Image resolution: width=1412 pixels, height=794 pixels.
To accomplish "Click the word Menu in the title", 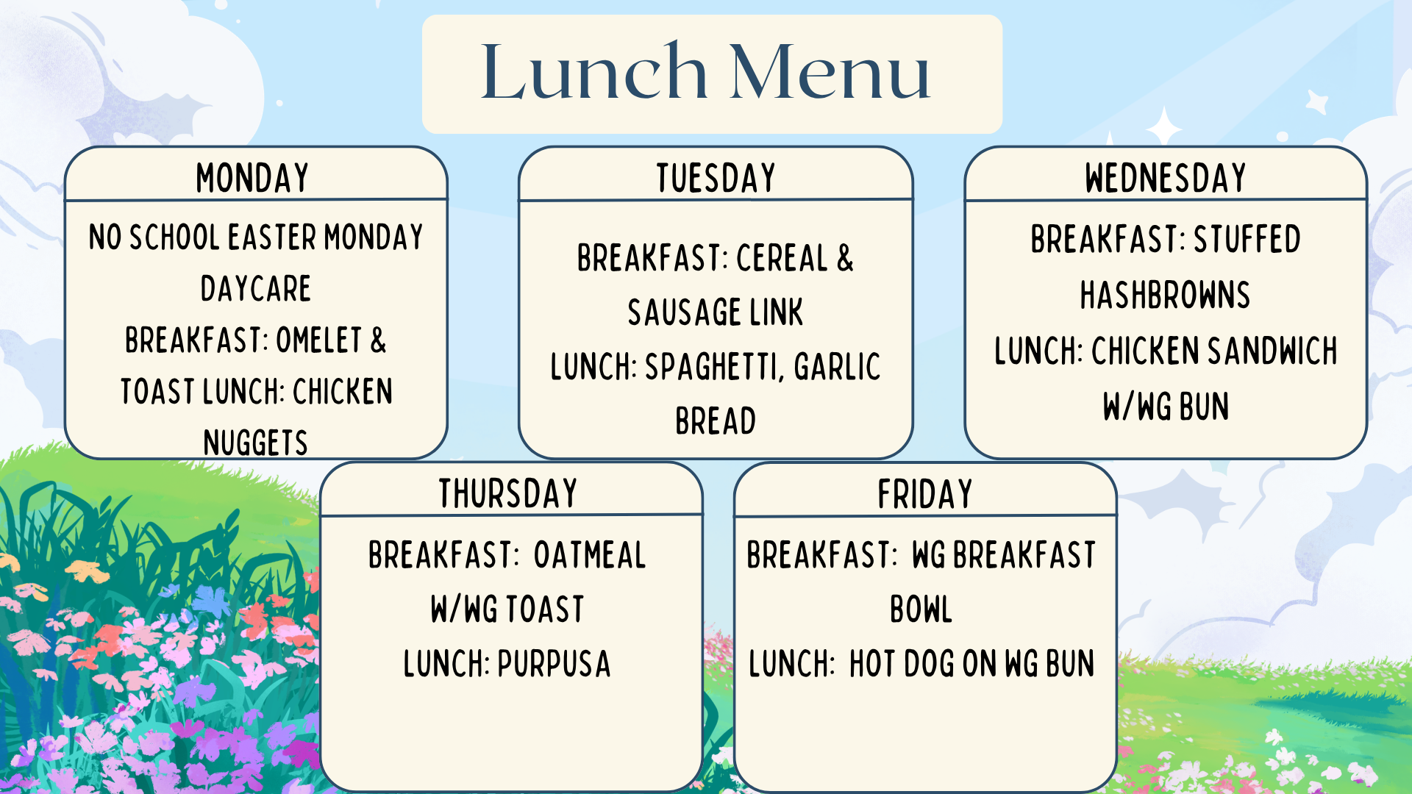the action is click(830, 71).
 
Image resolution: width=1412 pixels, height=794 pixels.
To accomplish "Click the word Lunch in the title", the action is click(593, 71).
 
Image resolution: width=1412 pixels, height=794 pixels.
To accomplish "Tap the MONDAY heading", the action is click(252, 178).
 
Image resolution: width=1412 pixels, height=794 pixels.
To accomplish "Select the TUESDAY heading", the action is click(716, 178).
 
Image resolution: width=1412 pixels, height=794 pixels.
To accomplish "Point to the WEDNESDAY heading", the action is click(1166, 178).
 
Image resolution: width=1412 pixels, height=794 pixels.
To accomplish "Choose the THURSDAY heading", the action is click(508, 493).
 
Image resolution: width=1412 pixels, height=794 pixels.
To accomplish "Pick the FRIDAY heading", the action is click(925, 493).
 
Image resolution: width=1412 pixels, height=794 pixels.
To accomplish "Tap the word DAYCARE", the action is click(256, 288).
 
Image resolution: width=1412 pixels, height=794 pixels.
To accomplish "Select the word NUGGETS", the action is click(256, 443).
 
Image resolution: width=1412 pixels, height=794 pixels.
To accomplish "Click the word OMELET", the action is click(319, 340).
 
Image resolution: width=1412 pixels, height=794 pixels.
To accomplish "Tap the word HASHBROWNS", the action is click(1165, 295).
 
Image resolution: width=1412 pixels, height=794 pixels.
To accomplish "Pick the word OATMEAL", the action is click(590, 555).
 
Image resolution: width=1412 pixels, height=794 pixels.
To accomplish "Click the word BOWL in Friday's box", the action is click(921, 609).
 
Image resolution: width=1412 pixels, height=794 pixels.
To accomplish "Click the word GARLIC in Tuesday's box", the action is click(838, 367).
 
